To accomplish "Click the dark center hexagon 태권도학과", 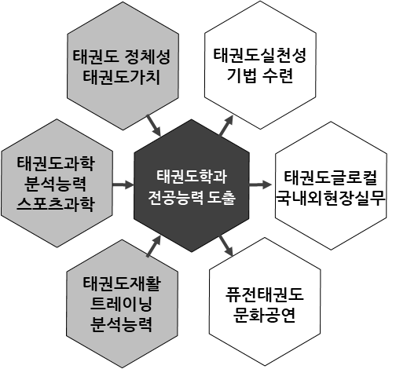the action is pos(192,185).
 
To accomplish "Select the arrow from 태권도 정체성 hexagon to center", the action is pos(154,126).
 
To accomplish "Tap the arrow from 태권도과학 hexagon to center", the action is pos(123,184).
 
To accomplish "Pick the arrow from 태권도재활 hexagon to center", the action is pos(154,246).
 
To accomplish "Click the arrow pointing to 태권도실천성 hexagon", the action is pos(226,126).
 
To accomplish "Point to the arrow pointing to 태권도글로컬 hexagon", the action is pos(260,184).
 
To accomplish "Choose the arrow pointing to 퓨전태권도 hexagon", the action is pos(226,246).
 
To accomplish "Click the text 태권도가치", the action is pos(121,78).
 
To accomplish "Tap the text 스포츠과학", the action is pos(55,204).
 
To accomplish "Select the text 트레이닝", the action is pos(121,304).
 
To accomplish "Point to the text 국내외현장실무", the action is pos(331,199).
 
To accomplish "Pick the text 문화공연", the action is pos(264,315).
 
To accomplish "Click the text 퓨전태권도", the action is pos(264,294).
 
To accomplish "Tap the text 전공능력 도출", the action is pos(192,198).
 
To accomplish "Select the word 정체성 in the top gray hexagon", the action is pos(148,57).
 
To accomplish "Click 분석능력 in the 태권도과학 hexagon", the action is pos(55,184).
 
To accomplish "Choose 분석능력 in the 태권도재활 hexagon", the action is pos(121,324).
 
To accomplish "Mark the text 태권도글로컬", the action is pos(331,177).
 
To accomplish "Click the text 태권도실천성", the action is pos(259,55).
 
